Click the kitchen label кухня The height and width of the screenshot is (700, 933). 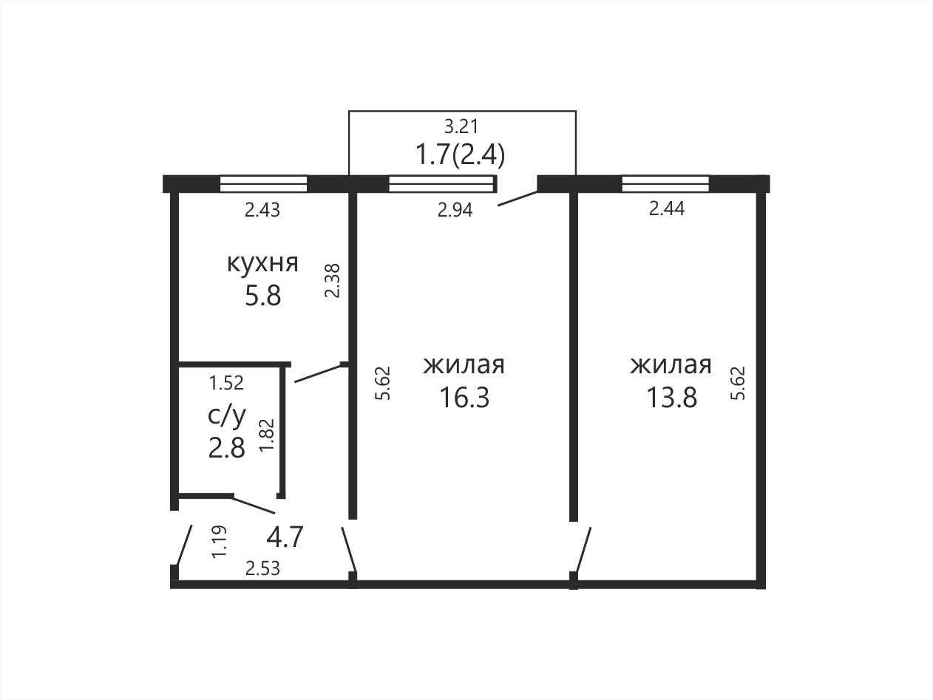(x=262, y=263)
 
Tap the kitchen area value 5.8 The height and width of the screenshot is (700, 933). (x=262, y=296)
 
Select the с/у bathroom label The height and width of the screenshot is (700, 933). (x=226, y=416)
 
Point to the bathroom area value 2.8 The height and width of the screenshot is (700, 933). (x=226, y=448)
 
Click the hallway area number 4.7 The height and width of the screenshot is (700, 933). (x=285, y=537)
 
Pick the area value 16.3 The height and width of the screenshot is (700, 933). (x=464, y=398)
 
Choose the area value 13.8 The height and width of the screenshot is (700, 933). (x=671, y=398)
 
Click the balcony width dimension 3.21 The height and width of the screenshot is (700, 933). (x=461, y=126)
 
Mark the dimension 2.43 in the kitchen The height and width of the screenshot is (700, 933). (x=262, y=210)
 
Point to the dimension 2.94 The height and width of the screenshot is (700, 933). (x=455, y=210)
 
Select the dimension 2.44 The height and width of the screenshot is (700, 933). (x=667, y=208)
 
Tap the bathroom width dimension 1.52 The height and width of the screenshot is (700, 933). (x=226, y=383)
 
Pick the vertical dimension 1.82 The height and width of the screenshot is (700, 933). (x=267, y=435)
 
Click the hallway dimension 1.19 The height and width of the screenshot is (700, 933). (x=220, y=542)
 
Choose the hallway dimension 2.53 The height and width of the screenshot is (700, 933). (x=262, y=568)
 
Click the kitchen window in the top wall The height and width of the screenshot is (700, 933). (x=263, y=184)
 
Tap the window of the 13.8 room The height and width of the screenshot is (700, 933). (x=665, y=184)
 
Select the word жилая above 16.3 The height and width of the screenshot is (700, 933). (x=464, y=365)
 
